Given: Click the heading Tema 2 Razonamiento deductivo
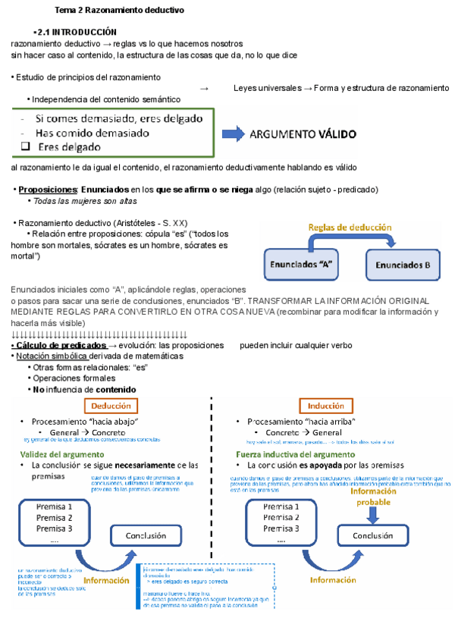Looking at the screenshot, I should click(x=119, y=11).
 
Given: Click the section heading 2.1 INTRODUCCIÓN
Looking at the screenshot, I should click(x=75, y=33).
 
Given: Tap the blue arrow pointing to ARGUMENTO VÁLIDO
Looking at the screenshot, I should click(x=233, y=134).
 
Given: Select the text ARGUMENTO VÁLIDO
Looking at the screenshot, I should click(x=303, y=135).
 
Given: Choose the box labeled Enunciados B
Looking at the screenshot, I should click(x=403, y=265).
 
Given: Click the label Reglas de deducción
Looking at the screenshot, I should click(x=350, y=227).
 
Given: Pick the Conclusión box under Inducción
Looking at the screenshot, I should click(x=372, y=535).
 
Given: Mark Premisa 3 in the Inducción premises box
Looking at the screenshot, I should click(x=281, y=529).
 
